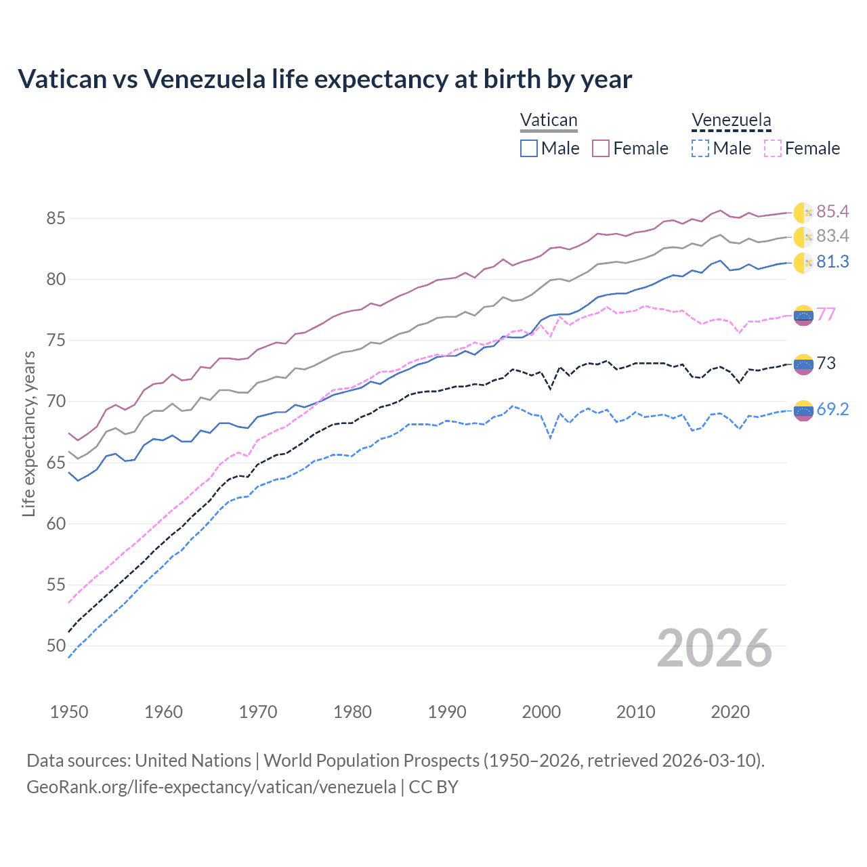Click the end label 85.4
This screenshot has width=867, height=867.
[x=832, y=212]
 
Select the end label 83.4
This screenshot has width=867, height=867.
[x=832, y=236]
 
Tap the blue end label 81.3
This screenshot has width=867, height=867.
[x=832, y=262]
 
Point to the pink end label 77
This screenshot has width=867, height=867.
[x=826, y=314]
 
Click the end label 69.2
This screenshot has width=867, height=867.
[x=832, y=409]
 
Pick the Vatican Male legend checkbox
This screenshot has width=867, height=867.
[x=529, y=148]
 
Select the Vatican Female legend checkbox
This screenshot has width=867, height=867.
[x=601, y=148]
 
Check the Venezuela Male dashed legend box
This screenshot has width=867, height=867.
[x=700, y=148]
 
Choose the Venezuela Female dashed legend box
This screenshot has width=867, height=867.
[x=773, y=148]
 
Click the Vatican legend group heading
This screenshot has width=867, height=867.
[x=549, y=121]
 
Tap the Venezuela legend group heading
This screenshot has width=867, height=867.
[x=731, y=121]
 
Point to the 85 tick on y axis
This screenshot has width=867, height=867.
[x=56, y=219]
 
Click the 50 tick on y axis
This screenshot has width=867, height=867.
[x=56, y=646]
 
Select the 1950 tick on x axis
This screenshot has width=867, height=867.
[x=69, y=712]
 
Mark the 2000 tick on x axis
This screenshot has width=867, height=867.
[x=541, y=712]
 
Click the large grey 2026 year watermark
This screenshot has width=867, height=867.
[x=715, y=648]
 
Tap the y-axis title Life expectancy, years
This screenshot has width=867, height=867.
[x=28, y=433]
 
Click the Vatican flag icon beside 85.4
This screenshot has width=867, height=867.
[x=803, y=213]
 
